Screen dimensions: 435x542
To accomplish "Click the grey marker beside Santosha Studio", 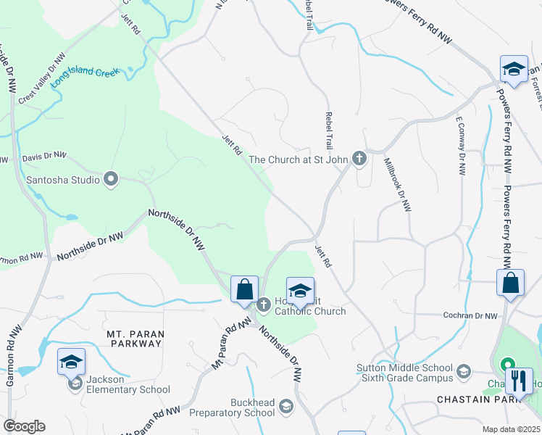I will coord(111,178).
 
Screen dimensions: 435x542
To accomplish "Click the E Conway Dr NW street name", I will coord(459,146).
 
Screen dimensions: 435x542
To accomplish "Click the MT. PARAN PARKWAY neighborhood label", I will coord(135,339).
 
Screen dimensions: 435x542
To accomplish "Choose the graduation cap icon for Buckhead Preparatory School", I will coord(286,406).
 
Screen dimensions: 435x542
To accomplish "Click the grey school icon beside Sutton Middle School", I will coord(462,373).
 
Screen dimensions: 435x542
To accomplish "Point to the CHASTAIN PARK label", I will coord(468,399).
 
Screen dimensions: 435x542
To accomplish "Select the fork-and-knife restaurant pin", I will coord(519,381).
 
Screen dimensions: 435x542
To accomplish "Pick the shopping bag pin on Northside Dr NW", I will coord(245,289).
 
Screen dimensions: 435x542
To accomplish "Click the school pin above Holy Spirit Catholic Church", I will coord(300,291).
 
